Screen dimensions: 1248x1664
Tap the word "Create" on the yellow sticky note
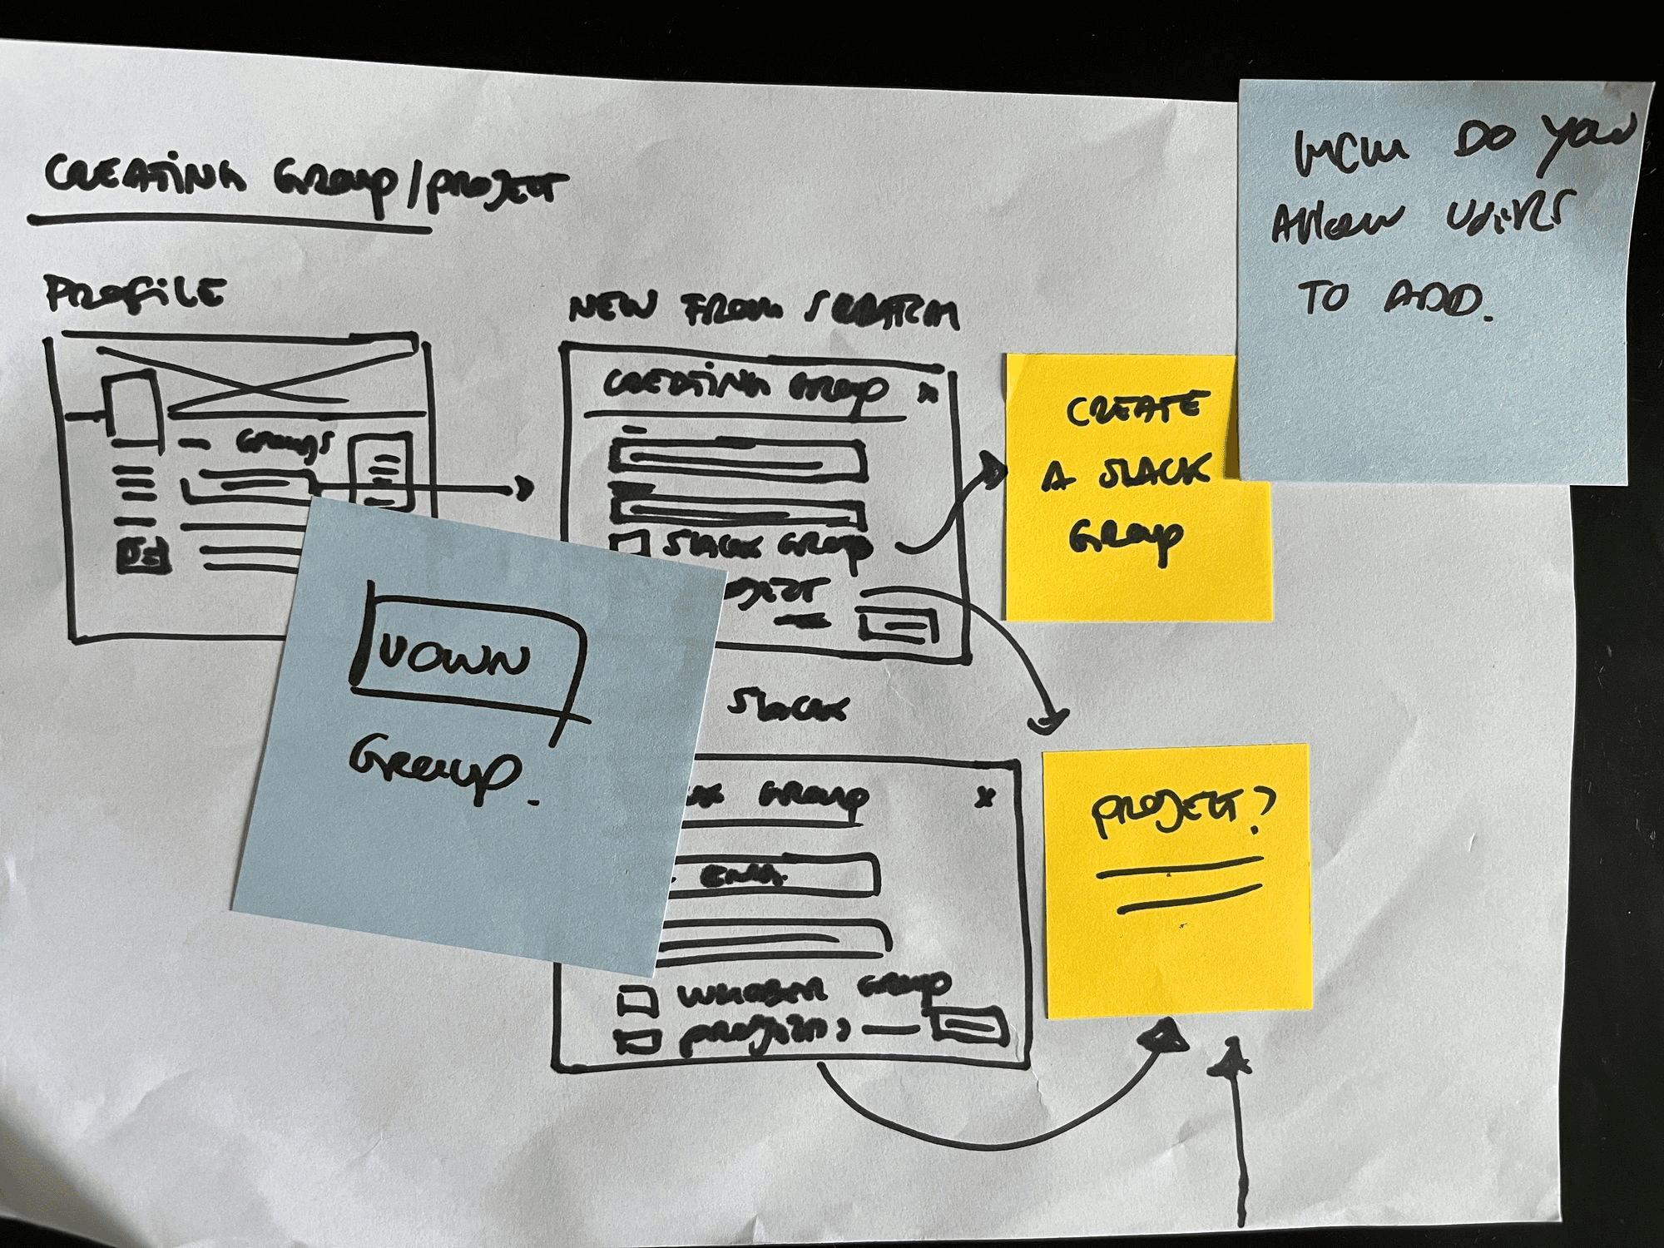tap(1134, 410)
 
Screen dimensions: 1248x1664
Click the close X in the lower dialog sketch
tap(985, 797)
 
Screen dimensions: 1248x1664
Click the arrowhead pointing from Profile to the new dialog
tap(523, 488)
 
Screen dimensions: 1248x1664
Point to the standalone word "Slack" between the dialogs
tap(787, 707)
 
